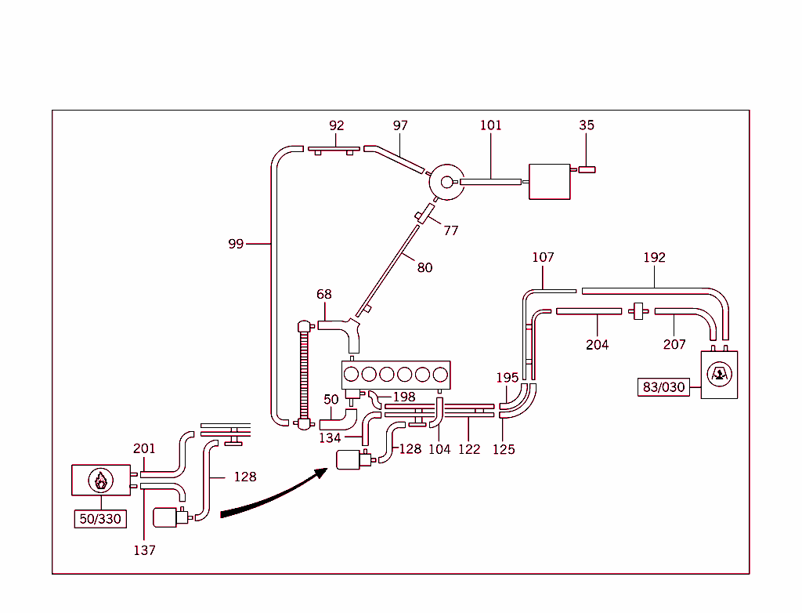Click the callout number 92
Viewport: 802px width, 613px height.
tap(337, 125)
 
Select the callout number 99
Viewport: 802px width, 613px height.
tap(236, 244)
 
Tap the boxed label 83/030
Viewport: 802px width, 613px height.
tap(663, 387)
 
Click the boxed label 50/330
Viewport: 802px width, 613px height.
tap(101, 519)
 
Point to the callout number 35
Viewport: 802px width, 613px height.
tap(587, 125)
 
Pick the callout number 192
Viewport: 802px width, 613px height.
tap(654, 257)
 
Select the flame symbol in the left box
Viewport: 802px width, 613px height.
tap(100, 480)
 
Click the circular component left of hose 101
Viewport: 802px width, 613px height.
tap(447, 182)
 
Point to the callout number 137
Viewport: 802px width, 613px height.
tap(144, 550)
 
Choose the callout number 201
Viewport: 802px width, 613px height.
tap(144, 448)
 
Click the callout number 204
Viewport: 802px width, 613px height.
tap(597, 344)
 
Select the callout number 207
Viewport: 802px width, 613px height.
tap(674, 344)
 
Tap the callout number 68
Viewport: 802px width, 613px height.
tap(324, 295)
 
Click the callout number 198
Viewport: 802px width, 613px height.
tap(404, 397)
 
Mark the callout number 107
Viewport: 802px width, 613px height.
tap(543, 257)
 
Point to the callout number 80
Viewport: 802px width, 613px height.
tap(424, 267)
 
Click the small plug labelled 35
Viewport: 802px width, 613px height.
tap(587, 169)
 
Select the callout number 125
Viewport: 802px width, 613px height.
tap(504, 450)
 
